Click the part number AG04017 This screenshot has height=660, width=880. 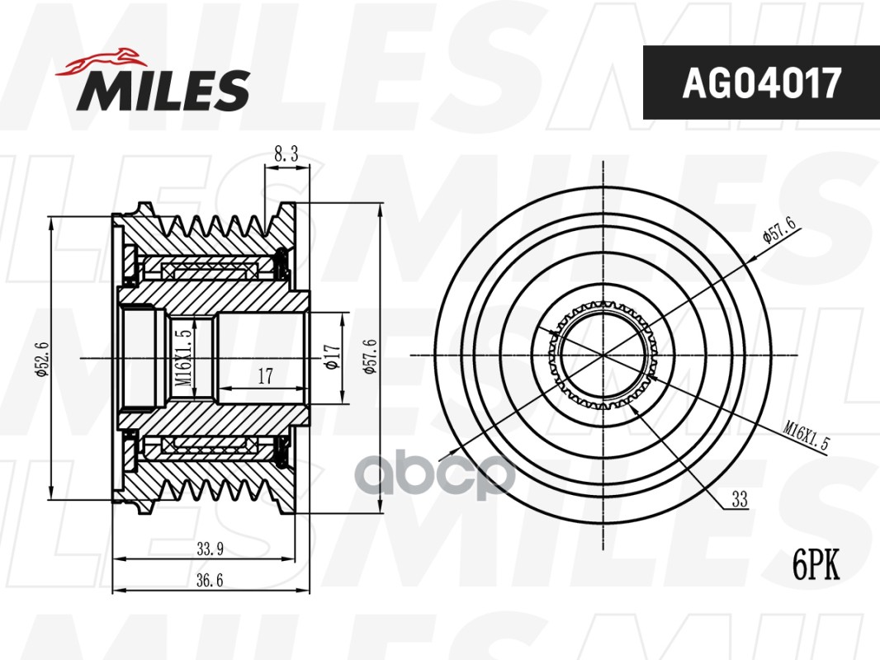(762, 82)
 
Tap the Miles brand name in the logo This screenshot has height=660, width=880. (163, 90)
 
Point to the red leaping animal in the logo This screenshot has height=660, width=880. (100, 62)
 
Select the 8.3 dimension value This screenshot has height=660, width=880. (286, 154)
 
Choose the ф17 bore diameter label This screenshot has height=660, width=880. (331, 357)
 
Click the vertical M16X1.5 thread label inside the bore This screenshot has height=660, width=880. (185, 357)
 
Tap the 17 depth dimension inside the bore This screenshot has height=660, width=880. (265, 375)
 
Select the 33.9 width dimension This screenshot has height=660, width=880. (210, 549)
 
